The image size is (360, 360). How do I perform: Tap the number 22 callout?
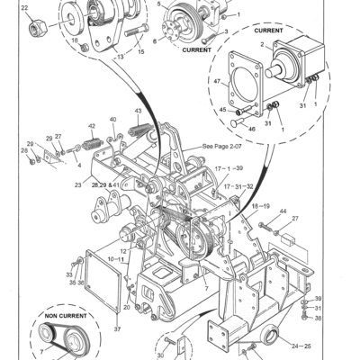(x=24, y=8)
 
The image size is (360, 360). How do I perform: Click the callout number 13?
(x=117, y=55)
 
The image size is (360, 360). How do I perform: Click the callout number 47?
(x=216, y=82)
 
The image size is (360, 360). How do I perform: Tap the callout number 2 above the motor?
(x=262, y=44)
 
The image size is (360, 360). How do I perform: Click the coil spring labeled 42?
(x=92, y=141)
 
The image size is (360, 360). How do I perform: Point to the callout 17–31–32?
(x=238, y=187)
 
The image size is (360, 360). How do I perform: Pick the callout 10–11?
(x=117, y=258)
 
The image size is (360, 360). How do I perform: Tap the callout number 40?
(x=112, y=119)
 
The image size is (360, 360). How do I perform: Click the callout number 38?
(x=318, y=318)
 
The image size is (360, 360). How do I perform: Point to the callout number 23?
(x=78, y=184)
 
